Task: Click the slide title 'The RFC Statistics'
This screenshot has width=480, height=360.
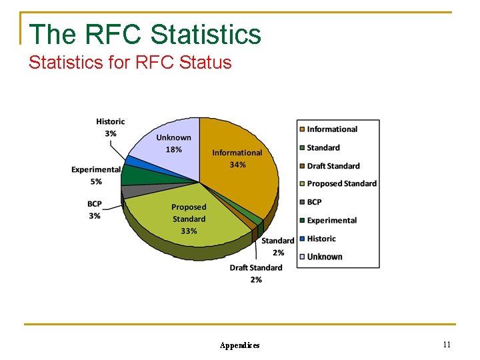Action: pos(145,33)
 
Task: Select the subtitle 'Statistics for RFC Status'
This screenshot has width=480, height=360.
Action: pos(130,63)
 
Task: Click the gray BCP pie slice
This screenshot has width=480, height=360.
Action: pos(132,191)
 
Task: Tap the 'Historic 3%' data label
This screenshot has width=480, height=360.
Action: pos(110,127)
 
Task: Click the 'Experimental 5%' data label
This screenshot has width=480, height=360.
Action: pos(96,175)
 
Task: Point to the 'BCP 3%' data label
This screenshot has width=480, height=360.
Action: pos(94,210)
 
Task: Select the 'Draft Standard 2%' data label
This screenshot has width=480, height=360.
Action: pos(255,273)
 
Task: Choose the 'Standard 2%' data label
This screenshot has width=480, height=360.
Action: pos(277,246)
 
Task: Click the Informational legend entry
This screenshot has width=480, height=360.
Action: pos(331,129)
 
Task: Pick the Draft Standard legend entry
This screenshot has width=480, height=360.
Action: pos(333,166)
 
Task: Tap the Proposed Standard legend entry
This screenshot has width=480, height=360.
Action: pos(341,184)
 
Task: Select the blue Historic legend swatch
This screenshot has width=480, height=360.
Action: pos(302,239)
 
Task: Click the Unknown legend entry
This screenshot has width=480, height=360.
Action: pos(324,257)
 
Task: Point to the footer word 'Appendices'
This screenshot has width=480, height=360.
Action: pos(239,345)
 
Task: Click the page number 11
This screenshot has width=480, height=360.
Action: pos(447,344)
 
